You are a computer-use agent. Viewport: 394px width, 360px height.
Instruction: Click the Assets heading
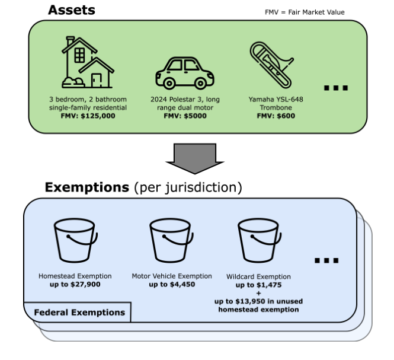pos(71,10)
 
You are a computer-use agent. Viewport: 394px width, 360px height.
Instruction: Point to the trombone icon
pos(270,65)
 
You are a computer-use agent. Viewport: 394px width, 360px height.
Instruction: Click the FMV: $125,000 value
pos(88,116)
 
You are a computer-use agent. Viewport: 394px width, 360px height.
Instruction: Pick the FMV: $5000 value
pos(184,116)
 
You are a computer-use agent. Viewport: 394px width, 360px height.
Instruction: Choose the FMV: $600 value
pos(276,116)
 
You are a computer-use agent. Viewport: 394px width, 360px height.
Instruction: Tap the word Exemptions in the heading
pos(87,188)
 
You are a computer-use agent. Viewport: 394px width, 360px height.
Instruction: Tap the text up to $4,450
pos(171,285)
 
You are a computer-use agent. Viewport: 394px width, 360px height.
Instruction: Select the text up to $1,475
pos(258,285)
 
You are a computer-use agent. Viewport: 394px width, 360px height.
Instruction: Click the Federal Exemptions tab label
pos(79,313)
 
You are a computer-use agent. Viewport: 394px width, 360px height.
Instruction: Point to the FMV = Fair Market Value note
pos(305,12)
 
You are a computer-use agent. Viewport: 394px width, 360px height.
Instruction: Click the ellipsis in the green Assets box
pos(335,88)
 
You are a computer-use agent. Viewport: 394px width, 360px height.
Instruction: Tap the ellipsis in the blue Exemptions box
pos(325,260)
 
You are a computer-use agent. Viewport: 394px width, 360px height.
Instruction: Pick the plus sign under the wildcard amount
pos(258,293)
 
